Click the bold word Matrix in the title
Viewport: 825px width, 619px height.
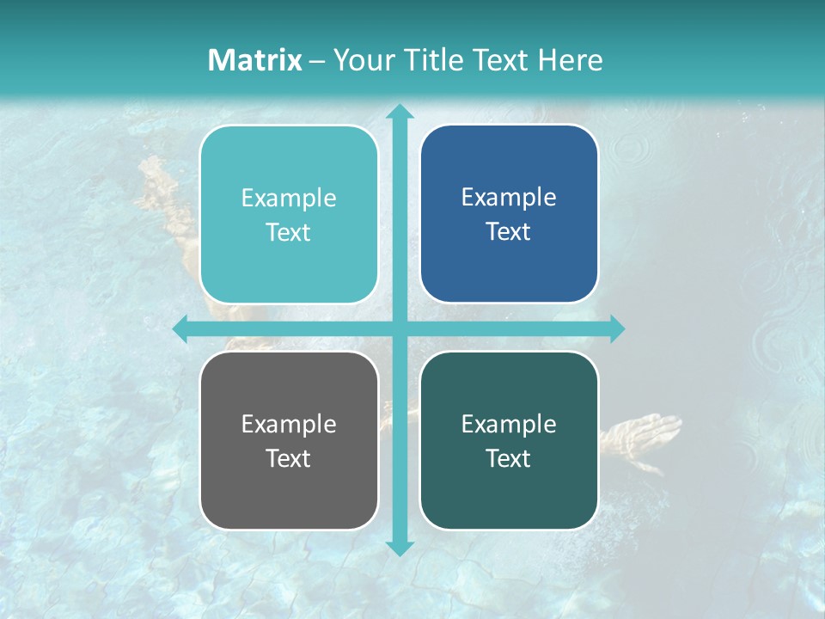255,60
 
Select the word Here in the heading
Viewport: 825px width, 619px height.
570,60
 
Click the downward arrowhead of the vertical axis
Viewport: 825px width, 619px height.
399,547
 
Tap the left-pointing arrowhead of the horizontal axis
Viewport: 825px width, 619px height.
180,328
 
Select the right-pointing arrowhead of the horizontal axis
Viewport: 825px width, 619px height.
617,328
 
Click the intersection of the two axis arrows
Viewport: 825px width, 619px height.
399,328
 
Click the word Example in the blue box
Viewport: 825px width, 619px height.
509,198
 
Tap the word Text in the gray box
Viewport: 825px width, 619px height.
289,458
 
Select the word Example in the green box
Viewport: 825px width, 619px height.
509,424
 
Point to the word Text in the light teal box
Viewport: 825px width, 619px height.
289,232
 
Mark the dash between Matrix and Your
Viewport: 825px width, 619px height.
317,61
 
